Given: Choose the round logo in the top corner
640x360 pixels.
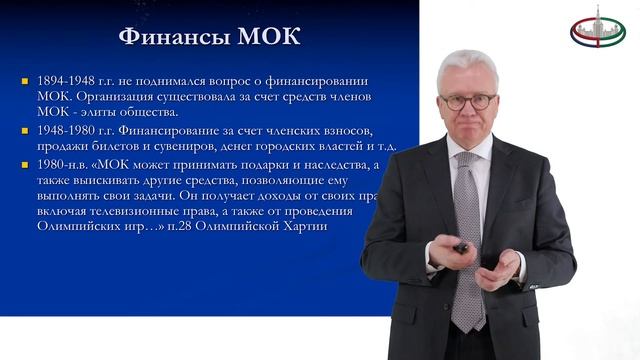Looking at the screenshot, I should click(597, 29).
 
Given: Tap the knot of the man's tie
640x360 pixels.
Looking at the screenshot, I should click(468, 160).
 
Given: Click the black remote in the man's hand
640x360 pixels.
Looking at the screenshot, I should click(461, 245).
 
